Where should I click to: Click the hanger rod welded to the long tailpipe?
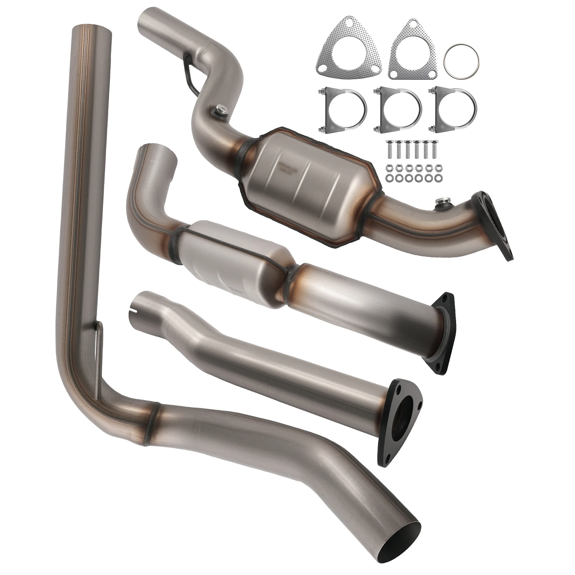tap(99, 359)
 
